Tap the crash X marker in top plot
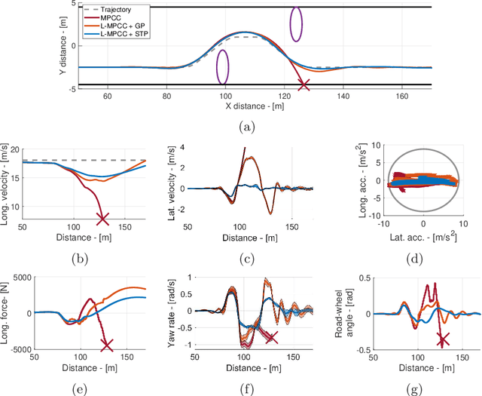(x=304, y=85)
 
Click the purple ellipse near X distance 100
(x=223, y=66)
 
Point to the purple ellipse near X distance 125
(x=297, y=23)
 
